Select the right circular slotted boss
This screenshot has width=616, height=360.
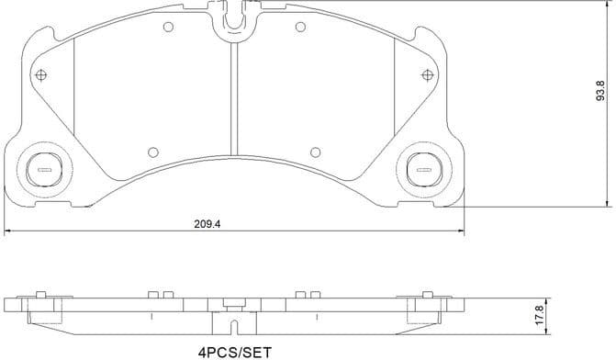pos(424,168)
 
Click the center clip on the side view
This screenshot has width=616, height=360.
pos(232,321)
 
